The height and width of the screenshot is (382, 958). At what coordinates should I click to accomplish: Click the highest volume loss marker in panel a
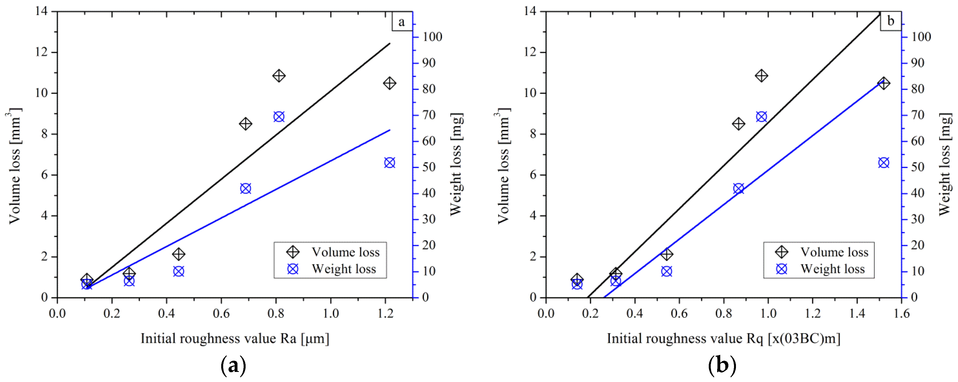click(279, 76)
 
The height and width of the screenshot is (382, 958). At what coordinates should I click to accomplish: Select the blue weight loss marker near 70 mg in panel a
click(279, 117)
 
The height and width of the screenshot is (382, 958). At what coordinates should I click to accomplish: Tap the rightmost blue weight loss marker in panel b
click(884, 163)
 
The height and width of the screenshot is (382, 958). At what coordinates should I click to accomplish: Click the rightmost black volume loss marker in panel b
click(884, 83)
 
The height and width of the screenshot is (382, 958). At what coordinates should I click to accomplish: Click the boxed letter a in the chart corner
click(401, 22)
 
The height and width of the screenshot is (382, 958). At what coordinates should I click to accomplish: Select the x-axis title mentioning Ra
click(235, 339)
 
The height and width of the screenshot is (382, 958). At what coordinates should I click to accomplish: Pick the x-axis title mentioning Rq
click(723, 339)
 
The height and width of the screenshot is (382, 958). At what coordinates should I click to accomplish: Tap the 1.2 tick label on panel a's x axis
click(385, 314)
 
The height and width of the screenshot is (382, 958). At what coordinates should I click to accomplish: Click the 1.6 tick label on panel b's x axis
click(901, 314)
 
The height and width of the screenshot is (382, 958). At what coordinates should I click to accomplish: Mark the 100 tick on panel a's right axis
click(432, 37)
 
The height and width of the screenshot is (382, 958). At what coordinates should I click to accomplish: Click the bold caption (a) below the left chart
click(233, 366)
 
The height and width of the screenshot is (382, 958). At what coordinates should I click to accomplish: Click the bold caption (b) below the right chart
click(722, 366)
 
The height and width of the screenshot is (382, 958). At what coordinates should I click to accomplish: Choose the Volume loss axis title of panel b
click(503, 166)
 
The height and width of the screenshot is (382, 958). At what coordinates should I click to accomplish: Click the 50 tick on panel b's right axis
click(917, 167)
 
